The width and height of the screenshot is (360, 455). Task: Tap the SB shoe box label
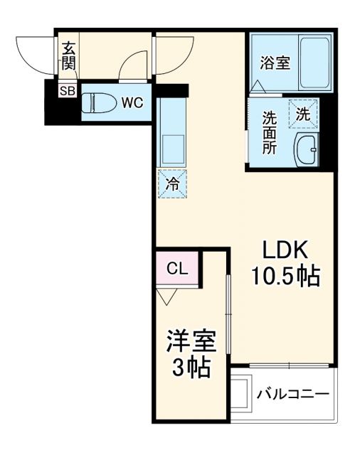point(66,90)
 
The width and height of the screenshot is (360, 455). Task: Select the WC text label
point(132,102)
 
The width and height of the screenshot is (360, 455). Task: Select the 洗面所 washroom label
point(269,133)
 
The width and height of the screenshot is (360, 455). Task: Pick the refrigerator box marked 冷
point(172,183)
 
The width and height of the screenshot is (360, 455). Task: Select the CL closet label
point(177,269)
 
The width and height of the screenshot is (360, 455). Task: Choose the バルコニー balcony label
point(292,392)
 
